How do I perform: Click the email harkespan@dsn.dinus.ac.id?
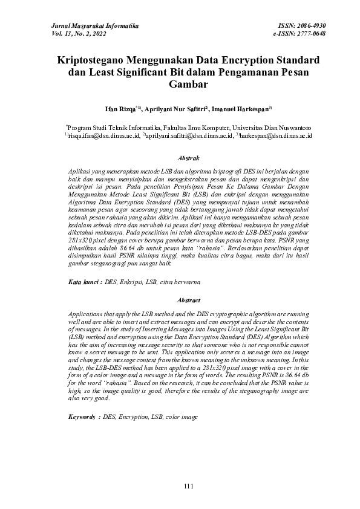pos(276,137)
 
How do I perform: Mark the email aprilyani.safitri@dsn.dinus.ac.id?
pos(188,137)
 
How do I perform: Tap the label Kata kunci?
pos(84,282)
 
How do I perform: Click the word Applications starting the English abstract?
pos(86,316)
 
